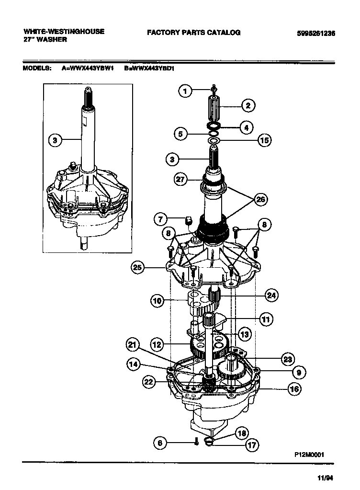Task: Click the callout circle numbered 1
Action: [186, 91]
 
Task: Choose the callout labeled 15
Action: [264, 140]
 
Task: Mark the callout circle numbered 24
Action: [271, 295]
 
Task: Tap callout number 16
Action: [294, 389]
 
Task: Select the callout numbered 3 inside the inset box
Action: [56, 140]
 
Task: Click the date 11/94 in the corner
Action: [325, 478]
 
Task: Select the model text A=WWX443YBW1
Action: [88, 68]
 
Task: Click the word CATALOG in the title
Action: [224, 33]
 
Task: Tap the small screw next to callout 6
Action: [196, 442]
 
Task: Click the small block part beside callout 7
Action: [188, 220]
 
